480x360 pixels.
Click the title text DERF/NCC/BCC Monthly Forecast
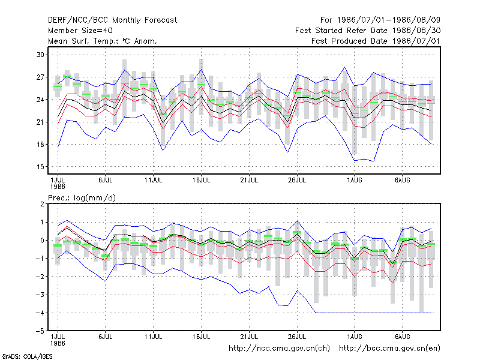[112, 20]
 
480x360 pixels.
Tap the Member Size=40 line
[80, 31]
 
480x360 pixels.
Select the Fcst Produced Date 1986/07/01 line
[376, 41]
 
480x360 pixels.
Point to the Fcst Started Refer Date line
[368, 31]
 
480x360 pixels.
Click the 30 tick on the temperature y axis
[40, 55]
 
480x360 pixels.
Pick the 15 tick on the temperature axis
[40, 167]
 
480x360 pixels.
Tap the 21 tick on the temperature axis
[40, 122]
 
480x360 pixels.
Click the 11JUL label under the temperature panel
[153, 180]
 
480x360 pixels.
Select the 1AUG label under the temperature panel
[355, 180]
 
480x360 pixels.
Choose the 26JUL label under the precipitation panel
[297, 337]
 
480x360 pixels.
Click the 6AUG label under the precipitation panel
[402, 337]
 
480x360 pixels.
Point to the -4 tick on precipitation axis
[40, 313]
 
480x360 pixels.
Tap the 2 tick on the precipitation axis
[42, 204]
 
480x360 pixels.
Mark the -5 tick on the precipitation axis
[40, 331]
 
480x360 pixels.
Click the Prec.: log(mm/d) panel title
[82, 198]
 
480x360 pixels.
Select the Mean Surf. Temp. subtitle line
[103, 41]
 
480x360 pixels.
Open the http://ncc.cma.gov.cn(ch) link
[279, 349]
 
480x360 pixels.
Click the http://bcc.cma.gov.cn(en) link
[389, 349]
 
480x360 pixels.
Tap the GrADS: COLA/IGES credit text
[27, 356]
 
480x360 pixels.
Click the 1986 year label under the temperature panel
[58, 187]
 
